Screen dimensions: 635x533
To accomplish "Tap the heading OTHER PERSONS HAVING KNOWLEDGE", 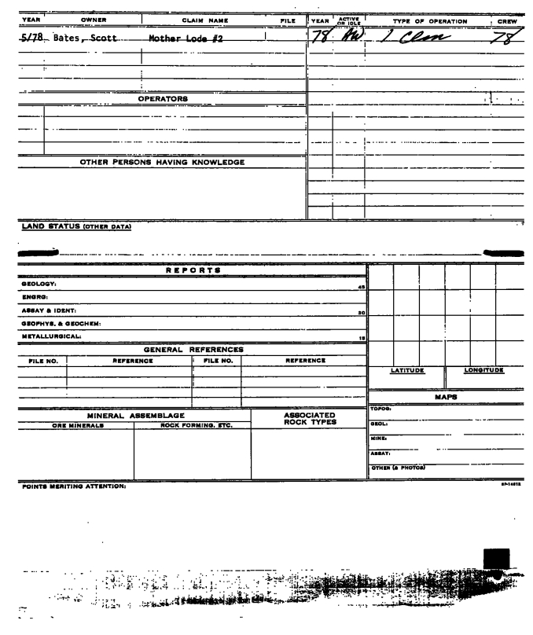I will (x=162, y=163).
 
